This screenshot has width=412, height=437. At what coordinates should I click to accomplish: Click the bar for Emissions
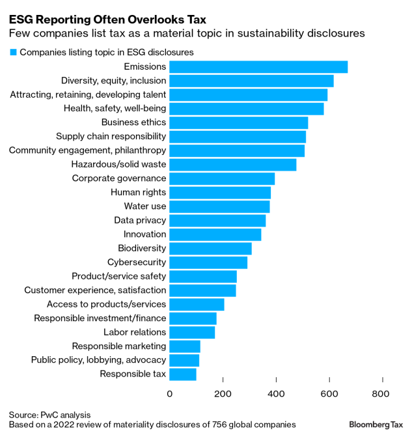pos(258,66)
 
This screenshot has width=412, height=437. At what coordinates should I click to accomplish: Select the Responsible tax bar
pos(183,374)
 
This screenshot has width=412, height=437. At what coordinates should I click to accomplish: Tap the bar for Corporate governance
pos(222,178)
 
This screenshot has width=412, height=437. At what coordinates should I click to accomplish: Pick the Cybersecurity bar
pos(208,262)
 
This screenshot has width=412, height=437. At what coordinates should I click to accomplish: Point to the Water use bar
pos(219,206)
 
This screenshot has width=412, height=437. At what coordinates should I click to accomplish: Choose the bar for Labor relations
pos(192,333)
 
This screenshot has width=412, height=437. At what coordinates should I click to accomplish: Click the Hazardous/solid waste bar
pos(233,165)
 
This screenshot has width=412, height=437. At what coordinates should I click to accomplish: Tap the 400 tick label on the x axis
pos(276,393)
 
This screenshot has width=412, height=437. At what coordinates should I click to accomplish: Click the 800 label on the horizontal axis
pos(381,393)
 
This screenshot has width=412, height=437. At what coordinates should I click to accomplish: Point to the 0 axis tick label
pos(171,393)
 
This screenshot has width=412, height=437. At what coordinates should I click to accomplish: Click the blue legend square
pos(12,51)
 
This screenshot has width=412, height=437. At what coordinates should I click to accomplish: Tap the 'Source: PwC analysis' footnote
pos(49,414)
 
